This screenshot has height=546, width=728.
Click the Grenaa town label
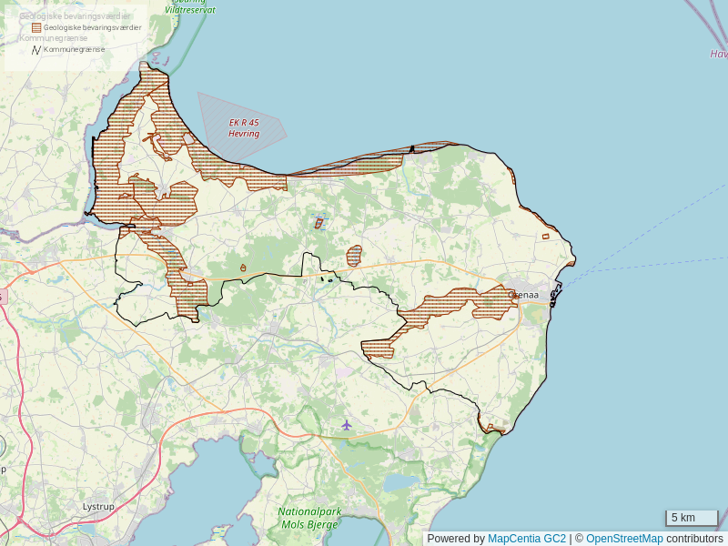523,295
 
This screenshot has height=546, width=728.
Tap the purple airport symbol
347,425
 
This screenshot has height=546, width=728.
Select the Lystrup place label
98,506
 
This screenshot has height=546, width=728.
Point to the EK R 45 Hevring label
244,128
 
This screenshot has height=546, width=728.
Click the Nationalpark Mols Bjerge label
309,519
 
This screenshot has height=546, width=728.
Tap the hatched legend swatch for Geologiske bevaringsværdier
36,27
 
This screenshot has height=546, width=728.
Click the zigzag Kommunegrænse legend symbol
36,49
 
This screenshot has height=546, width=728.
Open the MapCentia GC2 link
527,539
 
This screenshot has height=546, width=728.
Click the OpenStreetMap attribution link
624,539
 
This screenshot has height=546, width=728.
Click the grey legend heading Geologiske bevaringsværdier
75,16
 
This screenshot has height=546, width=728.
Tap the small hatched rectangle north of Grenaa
545,237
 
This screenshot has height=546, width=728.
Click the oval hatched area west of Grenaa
354,256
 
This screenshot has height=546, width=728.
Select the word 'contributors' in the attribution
694,539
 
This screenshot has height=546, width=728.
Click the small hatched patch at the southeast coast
494,429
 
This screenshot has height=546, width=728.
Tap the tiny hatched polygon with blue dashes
318,222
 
